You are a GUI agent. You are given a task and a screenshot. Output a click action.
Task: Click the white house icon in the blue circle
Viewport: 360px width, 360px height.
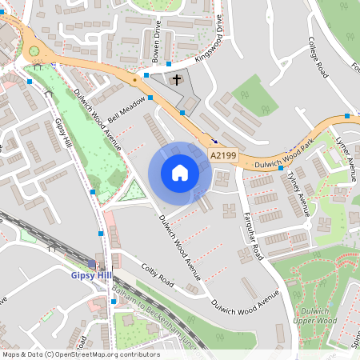pyautogui.click(x=180, y=173)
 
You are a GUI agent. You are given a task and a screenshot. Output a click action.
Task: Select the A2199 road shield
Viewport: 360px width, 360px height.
pyautogui.click(x=223, y=154)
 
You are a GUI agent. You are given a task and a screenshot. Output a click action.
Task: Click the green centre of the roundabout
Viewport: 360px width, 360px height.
pyautogui.click(x=34, y=52)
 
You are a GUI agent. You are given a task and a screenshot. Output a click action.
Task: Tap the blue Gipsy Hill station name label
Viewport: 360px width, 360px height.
pyautogui.click(x=92, y=275)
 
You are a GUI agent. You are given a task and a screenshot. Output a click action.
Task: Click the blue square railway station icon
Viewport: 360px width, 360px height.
pyautogui.click(x=92, y=263)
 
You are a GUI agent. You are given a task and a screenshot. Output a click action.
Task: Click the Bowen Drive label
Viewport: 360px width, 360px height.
pyautogui.click(x=158, y=46)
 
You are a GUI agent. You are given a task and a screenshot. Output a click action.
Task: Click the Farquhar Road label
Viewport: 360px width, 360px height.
pyautogui.click(x=253, y=237)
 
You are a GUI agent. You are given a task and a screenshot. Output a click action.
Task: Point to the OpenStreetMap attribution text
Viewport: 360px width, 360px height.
pyautogui.click(x=80, y=354)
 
